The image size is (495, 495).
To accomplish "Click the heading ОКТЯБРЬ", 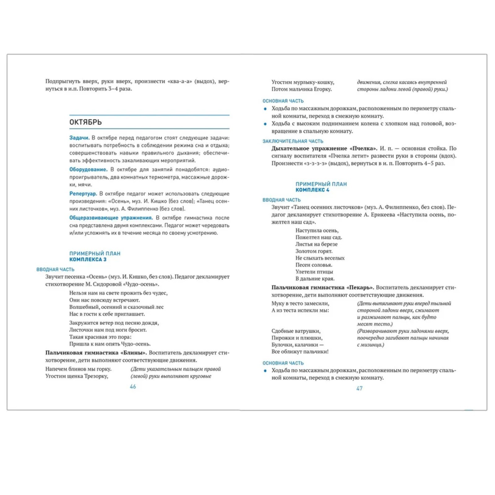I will tap(85, 122).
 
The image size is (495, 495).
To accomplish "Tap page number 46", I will tap(133, 386).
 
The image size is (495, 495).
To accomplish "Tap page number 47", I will tap(359, 388).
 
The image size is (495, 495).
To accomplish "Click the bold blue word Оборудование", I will tap(88, 170).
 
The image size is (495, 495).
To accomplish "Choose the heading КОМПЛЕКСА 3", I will tap(88, 259).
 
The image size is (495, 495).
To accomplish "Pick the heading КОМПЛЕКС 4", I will tap(312, 190).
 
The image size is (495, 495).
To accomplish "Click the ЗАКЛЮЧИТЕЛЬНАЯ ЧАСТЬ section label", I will tap(293, 141).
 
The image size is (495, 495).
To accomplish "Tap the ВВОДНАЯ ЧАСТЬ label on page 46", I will tap(55, 269).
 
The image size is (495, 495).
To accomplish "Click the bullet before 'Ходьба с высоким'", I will tap(265, 124).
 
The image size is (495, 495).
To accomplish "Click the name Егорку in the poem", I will tap(323, 89).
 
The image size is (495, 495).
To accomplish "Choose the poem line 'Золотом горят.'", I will tap(314, 251).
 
